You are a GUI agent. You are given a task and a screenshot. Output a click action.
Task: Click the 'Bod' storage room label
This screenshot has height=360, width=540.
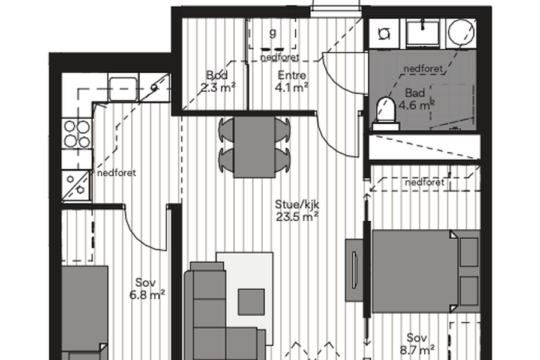(217, 75)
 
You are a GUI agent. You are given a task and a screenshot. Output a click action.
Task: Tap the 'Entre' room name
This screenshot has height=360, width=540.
(292, 75)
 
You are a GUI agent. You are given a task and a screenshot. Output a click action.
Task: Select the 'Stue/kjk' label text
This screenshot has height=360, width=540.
(297, 205)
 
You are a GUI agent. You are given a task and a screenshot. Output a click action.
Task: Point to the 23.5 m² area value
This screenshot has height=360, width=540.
(297, 217)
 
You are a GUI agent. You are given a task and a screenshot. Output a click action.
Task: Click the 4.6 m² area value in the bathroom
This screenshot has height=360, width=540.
(416, 105)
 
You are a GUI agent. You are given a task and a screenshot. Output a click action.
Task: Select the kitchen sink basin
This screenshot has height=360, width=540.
(123, 88)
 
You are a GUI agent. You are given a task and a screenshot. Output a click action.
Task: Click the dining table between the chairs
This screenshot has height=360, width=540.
(254, 147)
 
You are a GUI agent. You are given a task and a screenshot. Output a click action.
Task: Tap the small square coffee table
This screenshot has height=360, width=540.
(251, 302)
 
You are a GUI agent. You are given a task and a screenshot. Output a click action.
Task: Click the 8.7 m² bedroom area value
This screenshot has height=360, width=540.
(417, 350)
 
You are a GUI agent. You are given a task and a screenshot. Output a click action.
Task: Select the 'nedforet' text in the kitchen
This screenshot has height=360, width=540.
(116, 173)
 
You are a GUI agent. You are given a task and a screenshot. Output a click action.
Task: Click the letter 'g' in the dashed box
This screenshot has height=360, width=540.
(273, 34)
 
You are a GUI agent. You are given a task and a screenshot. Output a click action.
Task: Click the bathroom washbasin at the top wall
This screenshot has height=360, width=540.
(422, 33)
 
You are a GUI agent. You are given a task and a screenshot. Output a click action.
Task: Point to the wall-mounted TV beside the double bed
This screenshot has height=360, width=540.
(355, 270)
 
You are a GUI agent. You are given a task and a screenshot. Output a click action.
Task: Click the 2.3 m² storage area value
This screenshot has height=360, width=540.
(218, 88)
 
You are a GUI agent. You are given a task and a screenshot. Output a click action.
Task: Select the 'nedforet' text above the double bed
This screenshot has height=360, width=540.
(425, 182)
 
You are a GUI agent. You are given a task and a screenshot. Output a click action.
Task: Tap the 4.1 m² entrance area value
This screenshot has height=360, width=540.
(292, 88)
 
